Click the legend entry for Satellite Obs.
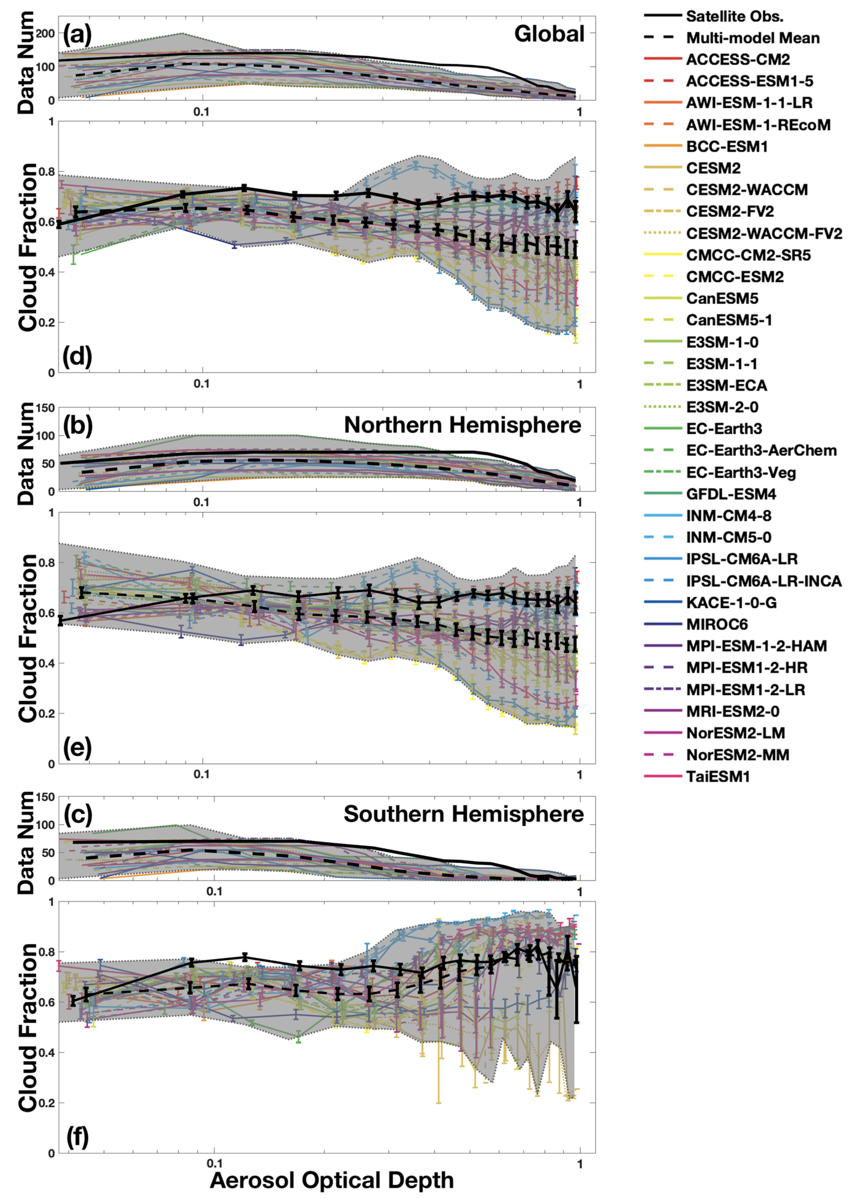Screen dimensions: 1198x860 tap(734, 16)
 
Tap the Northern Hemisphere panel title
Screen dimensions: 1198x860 tap(463, 425)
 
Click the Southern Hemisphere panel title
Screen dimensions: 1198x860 tap(463, 814)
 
